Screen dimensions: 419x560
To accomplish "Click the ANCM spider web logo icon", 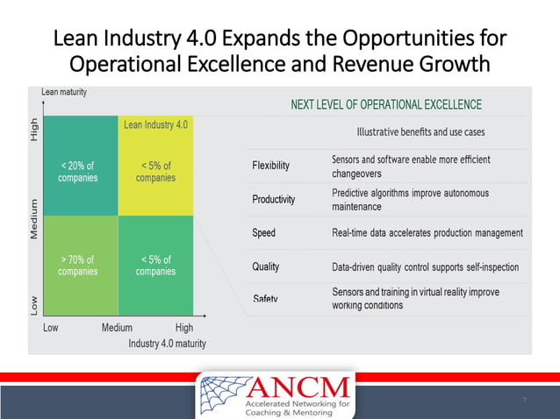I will [x=225, y=395].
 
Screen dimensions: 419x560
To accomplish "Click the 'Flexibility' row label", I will [x=270, y=166].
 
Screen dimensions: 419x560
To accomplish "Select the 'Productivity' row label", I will [x=274, y=199].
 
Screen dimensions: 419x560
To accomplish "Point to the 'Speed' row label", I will [x=263, y=232].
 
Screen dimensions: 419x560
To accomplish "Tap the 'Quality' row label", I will [x=266, y=266].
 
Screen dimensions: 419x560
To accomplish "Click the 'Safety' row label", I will [x=265, y=299].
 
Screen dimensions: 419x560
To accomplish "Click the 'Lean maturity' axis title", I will [x=64, y=92].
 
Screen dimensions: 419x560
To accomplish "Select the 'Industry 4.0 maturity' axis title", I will [x=167, y=343].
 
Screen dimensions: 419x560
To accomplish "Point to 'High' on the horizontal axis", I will [x=184, y=328].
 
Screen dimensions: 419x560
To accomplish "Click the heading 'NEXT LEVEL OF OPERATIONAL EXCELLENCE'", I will [x=386, y=105].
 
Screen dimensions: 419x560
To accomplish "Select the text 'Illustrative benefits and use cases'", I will [x=420, y=132].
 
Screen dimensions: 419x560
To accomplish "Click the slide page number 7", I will [x=524, y=401].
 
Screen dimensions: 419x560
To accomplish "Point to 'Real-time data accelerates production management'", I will [x=427, y=232].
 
